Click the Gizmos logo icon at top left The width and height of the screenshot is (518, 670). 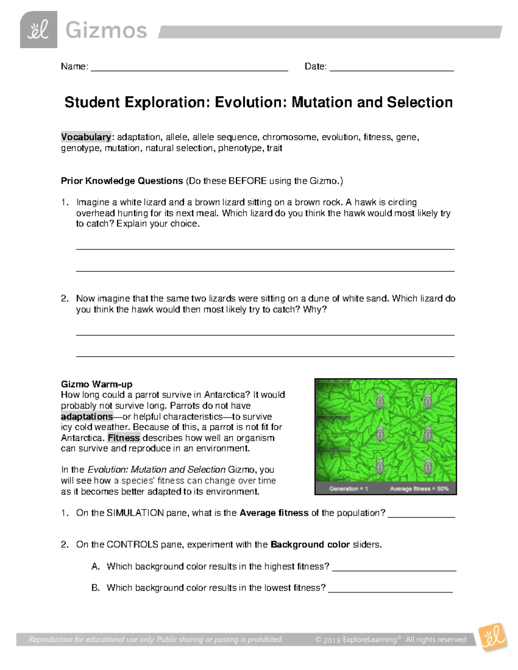38,30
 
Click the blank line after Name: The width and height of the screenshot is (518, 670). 189,69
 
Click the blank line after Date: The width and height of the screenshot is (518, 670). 391,69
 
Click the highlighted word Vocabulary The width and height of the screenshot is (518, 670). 86,137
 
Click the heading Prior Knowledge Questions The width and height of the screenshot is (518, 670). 122,181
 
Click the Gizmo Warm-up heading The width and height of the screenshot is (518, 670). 97,384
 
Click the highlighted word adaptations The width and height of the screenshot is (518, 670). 87,417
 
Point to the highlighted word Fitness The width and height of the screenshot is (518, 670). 124,438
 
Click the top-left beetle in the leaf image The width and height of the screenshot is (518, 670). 380,401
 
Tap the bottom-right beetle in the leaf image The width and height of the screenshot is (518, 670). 427,466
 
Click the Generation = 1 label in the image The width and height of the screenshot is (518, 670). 348,489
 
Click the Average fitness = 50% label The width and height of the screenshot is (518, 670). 419,489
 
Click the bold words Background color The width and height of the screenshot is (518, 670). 310,545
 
